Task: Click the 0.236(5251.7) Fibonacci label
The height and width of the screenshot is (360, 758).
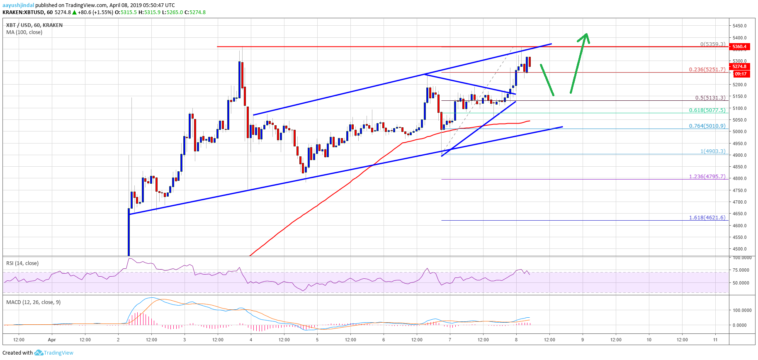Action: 707,69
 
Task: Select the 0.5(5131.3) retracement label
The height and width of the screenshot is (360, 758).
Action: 710,97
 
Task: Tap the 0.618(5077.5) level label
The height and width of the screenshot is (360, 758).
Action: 707,110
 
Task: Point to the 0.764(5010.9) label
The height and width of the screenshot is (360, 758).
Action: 707,126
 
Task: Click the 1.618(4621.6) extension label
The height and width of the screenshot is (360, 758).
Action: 707,217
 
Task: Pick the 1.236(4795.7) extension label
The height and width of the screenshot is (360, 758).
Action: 707,176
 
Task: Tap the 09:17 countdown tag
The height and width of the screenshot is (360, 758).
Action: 740,74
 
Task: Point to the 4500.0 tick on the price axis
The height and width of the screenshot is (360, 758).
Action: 739,249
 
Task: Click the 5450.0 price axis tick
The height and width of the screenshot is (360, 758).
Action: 739,26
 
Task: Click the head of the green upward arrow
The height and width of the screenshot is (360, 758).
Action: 585,36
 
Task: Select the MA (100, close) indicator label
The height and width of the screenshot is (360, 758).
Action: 24,32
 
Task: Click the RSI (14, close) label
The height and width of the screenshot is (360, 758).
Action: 22,263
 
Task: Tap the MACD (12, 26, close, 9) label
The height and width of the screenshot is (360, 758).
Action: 33,302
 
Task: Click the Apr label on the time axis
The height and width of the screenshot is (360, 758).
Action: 52,340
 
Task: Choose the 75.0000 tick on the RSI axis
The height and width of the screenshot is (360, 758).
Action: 741,270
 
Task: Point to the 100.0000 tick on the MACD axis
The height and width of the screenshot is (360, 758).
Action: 742,310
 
